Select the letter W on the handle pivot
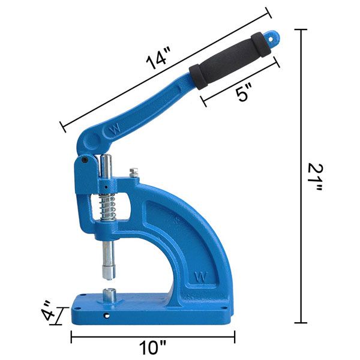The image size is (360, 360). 113,130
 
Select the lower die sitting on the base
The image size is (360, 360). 110,295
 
